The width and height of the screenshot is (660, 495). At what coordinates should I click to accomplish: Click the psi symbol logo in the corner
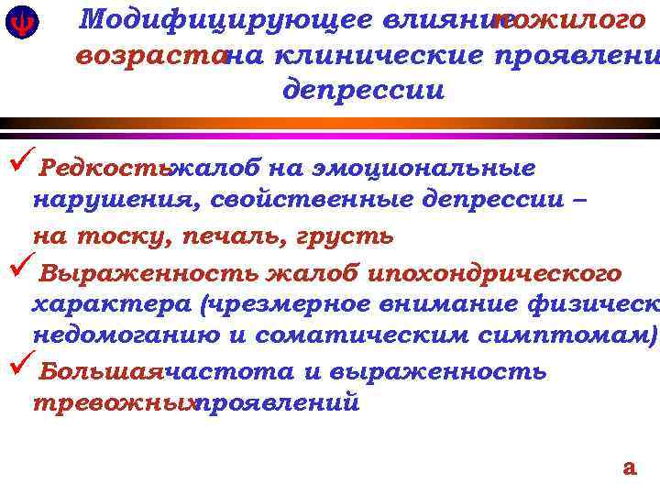click(x=17, y=24)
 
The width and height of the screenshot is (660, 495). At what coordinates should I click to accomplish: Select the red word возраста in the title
click(x=149, y=56)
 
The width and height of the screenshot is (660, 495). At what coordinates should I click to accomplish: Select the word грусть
click(x=345, y=236)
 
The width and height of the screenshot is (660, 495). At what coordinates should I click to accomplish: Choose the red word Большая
click(x=100, y=371)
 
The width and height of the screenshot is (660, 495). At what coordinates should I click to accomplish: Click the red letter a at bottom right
click(x=629, y=467)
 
